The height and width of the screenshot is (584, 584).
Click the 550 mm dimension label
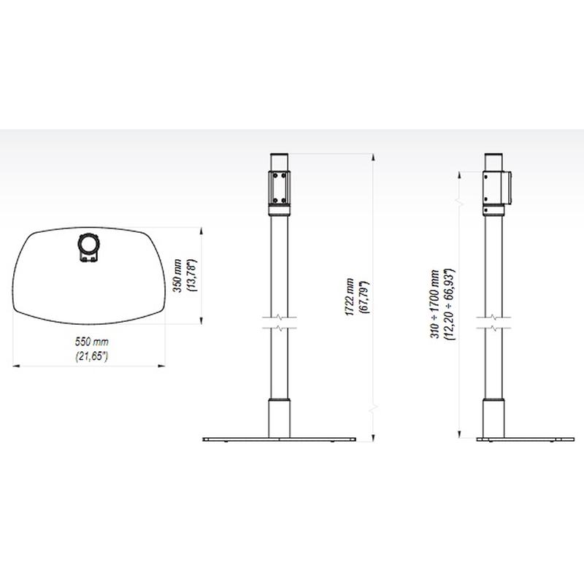pyautogui.click(x=92, y=342)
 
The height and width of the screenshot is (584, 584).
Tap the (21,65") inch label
pyautogui.click(x=92, y=356)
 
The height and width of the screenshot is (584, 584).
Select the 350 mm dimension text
pyautogui.click(x=177, y=276)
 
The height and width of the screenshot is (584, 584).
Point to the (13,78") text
pyautogui.click(x=192, y=276)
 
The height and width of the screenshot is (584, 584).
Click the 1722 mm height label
pyautogui.click(x=350, y=297)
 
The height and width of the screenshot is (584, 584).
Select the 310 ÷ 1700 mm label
pyautogui.click(x=434, y=304)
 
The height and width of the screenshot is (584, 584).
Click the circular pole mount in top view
pyautogui.click(x=88, y=244)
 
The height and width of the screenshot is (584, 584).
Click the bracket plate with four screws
pyautogui.click(x=280, y=188)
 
